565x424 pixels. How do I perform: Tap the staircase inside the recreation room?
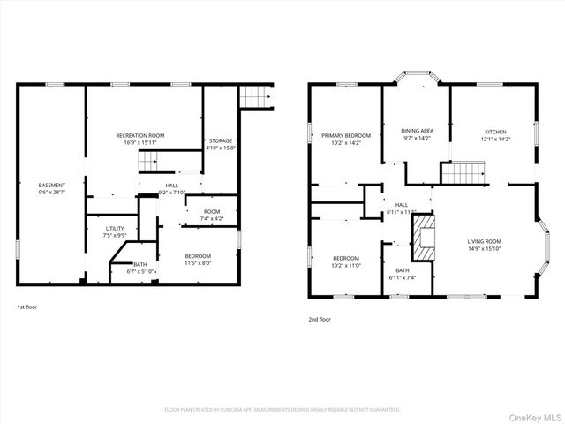(x=147, y=162)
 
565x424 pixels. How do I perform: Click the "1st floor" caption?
(x=27, y=307)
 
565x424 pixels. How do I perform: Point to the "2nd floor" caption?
(x=320, y=319)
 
